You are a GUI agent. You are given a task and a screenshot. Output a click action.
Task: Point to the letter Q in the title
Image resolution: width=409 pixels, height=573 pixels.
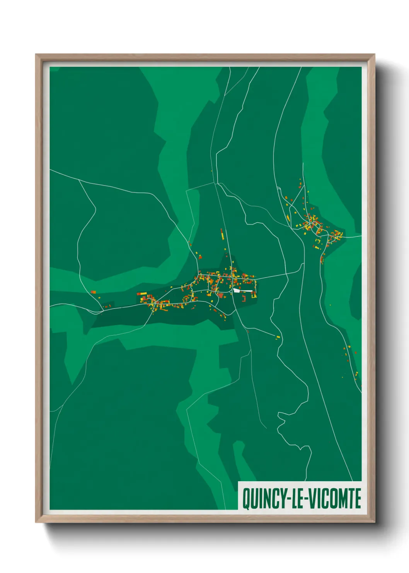coord(246,499)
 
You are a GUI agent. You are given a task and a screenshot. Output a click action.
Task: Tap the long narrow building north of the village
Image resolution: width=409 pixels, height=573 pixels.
coord(222,234)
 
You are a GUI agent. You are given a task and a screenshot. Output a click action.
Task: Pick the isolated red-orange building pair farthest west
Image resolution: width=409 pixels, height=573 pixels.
coord(93,292)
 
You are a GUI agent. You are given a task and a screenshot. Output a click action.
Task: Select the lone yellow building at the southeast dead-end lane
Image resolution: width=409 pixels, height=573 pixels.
coord(278,338)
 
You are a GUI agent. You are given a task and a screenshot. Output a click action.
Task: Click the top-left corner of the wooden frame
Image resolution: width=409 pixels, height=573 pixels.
coord(36,55)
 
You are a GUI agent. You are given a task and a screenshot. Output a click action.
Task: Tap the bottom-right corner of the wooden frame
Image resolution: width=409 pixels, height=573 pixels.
coord(374,522)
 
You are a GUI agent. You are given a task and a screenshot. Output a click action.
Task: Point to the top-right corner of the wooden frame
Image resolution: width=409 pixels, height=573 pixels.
coord(374,55)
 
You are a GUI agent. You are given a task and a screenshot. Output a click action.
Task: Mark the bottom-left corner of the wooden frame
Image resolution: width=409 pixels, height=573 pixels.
coord(36,522)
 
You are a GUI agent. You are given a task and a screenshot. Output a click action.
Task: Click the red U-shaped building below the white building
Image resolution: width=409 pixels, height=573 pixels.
coord(244,298)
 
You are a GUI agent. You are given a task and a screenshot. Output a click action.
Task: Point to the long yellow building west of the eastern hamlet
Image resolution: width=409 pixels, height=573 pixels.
coord(288,218)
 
